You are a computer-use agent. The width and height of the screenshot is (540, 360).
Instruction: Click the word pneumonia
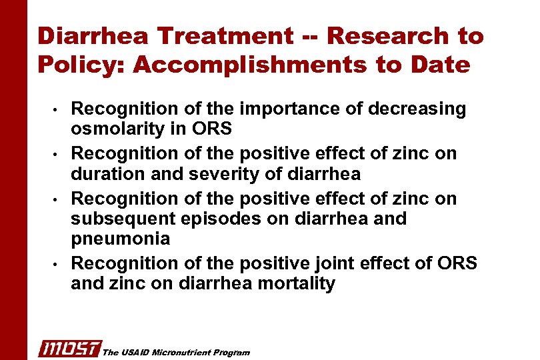(x=120, y=238)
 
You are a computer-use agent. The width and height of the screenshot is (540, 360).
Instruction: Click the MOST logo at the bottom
(x=69, y=348)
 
